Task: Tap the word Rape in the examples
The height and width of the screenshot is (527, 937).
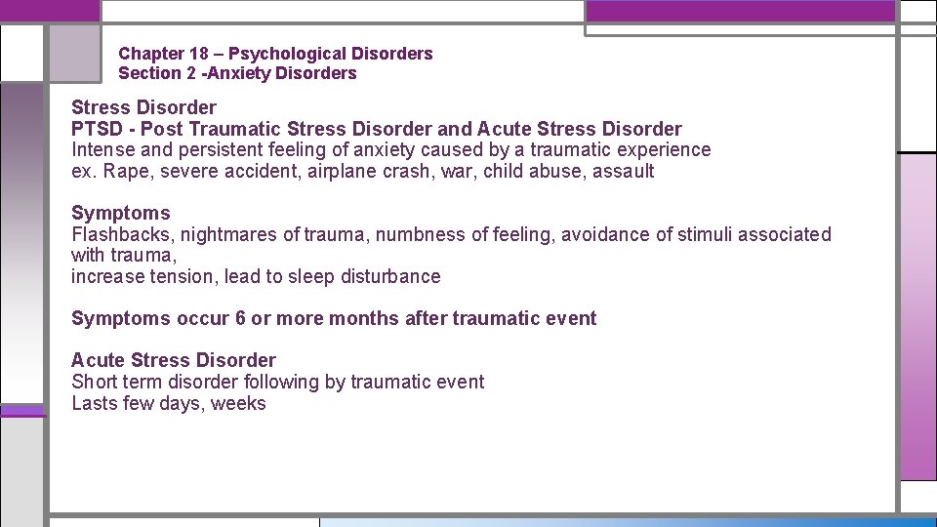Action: click(124, 172)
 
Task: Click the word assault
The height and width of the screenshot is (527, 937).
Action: click(624, 172)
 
